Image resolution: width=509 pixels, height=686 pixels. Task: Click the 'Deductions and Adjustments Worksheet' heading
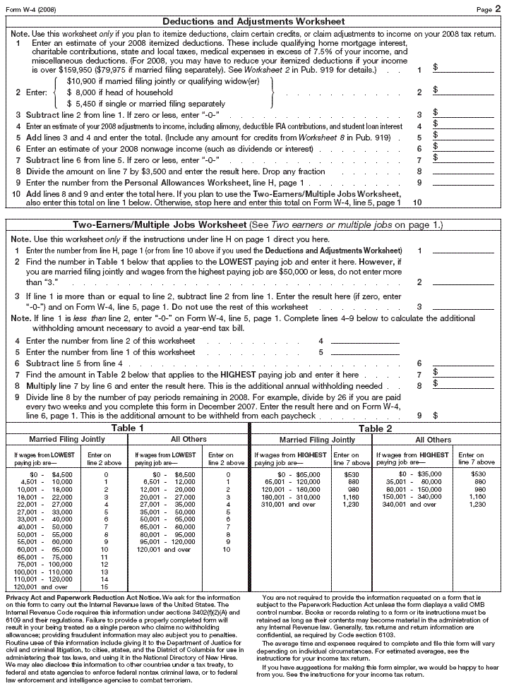point(254,23)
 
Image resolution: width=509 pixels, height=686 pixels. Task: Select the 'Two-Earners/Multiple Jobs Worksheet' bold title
point(159,224)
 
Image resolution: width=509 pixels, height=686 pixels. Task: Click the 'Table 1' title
point(127,428)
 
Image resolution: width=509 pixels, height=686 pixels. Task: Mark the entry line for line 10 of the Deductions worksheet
point(462,202)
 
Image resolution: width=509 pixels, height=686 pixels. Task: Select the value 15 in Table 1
point(105,586)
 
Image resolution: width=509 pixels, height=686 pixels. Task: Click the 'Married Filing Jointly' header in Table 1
point(66,440)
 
